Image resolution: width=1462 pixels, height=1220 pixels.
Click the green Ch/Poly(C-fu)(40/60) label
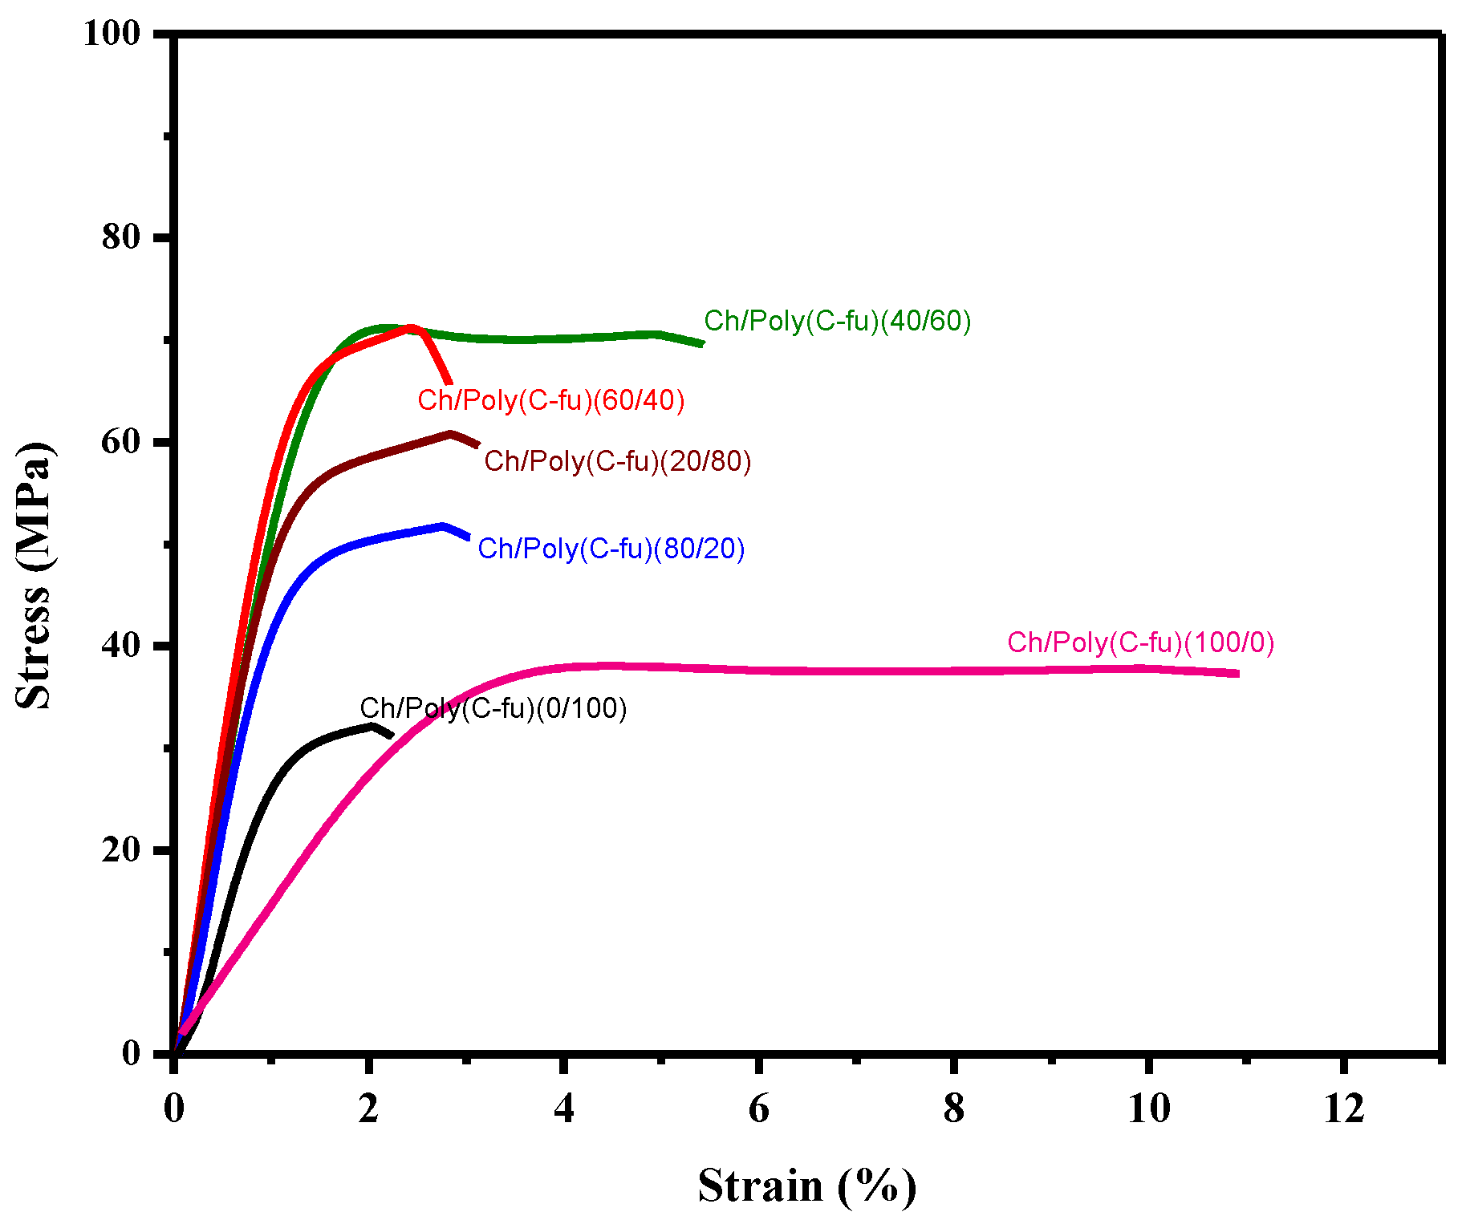click(x=837, y=321)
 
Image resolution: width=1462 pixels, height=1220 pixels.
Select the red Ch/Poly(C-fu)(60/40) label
click(x=550, y=400)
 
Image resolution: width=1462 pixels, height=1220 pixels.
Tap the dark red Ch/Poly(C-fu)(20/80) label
click(x=617, y=461)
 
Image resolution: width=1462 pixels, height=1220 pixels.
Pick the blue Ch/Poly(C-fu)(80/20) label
click(x=611, y=549)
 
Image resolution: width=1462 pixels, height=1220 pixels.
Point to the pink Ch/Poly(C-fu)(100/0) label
click(x=1140, y=642)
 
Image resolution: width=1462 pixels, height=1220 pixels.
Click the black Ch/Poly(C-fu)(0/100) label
click(x=493, y=708)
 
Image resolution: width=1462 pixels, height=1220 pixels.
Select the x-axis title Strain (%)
click(x=806, y=1186)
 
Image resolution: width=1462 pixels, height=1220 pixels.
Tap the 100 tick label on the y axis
click(x=112, y=33)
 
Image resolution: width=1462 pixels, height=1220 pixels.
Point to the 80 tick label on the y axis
click(x=121, y=237)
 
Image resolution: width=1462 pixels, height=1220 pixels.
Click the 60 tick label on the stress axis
click(x=121, y=441)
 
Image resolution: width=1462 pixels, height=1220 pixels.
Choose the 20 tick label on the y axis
click(x=121, y=849)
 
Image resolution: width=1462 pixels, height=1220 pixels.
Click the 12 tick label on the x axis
click(x=1344, y=1109)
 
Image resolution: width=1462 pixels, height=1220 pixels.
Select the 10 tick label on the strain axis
click(x=1149, y=1109)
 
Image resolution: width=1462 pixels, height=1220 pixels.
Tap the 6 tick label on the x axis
click(x=758, y=1109)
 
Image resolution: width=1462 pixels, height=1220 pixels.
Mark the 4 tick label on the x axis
click(x=564, y=1109)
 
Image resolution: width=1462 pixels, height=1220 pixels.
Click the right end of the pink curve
click(x=1237, y=674)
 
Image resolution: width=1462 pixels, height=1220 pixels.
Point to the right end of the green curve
click(x=702, y=343)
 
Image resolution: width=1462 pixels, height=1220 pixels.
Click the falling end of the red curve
click(x=449, y=383)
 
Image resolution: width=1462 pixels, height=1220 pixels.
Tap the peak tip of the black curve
click(x=372, y=726)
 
